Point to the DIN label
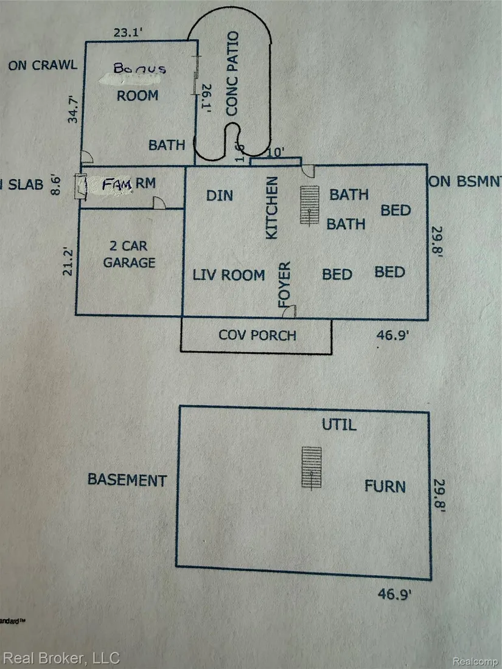220,195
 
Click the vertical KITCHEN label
272,207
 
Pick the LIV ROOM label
229,275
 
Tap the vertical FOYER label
284,283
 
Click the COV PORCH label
257,335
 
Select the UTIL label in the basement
339,425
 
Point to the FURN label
385,486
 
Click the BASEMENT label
127,479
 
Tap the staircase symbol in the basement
312,467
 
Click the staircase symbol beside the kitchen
310,206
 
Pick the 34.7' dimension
75,108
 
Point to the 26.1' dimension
206,97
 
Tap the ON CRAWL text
43,65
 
